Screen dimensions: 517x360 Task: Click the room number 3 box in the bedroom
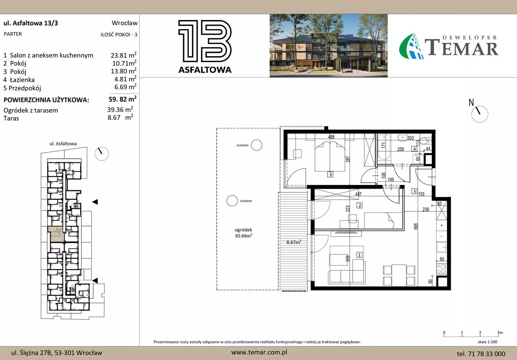[x=330, y=175]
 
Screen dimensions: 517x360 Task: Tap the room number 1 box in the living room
[x=359, y=255]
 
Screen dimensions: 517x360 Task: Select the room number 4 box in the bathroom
[x=414, y=149]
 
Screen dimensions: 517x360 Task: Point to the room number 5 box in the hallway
[x=415, y=191]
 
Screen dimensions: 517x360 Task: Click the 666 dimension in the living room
[x=416, y=226]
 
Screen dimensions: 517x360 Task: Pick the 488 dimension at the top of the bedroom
[x=331, y=137]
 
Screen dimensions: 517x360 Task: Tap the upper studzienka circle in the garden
[x=257, y=145]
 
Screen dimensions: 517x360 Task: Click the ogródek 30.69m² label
[x=243, y=233]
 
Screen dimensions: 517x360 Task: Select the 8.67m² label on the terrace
[x=294, y=242]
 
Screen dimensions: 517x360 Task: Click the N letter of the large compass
[x=471, y=102]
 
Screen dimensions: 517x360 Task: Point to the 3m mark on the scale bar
[x=500, y=332]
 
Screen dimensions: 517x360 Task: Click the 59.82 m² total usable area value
[x=123, y=99]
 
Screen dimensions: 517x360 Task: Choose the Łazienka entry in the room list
[x=22, y=80]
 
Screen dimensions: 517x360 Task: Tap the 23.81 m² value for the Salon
[x=123, y=55]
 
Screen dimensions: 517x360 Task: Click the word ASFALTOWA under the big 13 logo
[x=205, y=70]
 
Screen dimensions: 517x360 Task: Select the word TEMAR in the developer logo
[x=461, y=47]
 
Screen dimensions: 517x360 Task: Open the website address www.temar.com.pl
[x=259, y=352]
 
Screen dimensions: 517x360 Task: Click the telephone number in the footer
[x=481, y=354]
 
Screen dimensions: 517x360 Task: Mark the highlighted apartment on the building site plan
[x=56, y=234]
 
